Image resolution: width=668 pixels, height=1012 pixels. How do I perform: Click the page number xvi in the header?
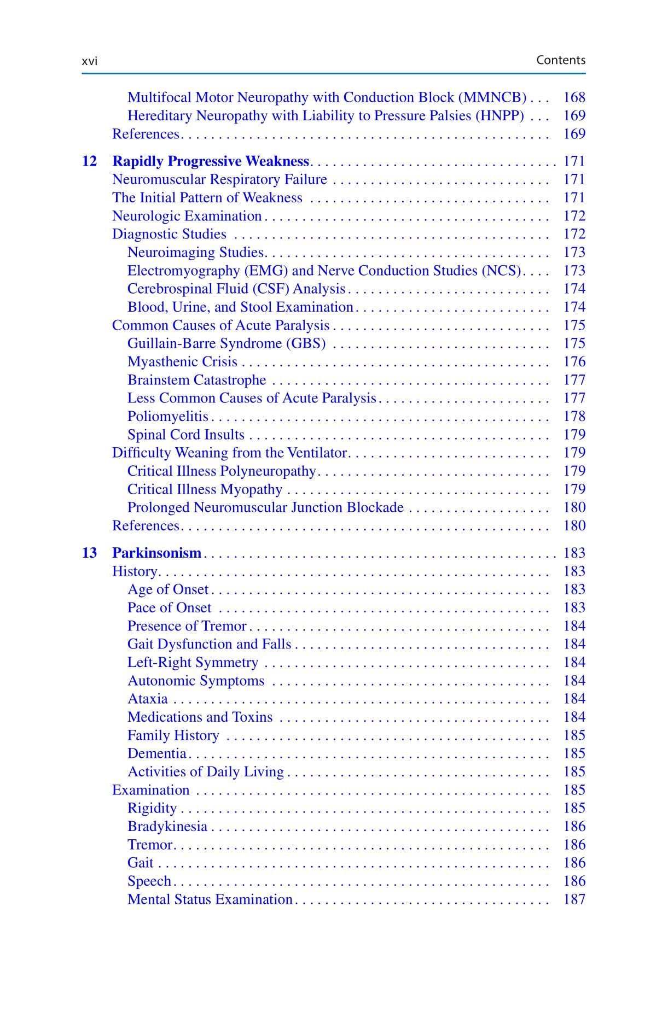[x=89, y=61]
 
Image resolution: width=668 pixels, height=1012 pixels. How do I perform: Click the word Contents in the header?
[x=560, y=60]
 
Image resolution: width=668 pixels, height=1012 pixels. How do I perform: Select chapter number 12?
[x=89, y=161]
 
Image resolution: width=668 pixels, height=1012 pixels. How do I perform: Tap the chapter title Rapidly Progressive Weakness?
[x=211, y=161]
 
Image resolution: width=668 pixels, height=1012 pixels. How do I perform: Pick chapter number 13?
[x=89, y=553]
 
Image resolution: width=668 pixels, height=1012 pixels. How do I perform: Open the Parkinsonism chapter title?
[x=156, y=553]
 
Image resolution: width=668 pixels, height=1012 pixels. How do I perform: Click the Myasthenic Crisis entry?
[x=182, y=362]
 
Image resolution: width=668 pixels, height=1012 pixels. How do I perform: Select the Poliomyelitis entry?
[x=167, y=417]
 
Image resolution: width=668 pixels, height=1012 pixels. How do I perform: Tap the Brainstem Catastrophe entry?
[x=196, y=380]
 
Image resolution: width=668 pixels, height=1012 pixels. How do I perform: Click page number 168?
[x=574, y=97]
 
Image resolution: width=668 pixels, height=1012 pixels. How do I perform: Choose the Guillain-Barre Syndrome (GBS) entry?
[x=226, y=343]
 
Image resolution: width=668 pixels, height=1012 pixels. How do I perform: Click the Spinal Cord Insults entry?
[x=185, y=435]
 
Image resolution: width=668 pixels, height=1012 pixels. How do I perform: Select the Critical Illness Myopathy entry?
[x=205, y=489]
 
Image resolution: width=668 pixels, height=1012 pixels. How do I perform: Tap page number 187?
[x=574, y=899]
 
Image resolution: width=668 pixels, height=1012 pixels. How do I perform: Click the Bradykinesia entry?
[x=167, y=826]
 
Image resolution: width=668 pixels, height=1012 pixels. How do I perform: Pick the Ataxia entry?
[x=147, y=699]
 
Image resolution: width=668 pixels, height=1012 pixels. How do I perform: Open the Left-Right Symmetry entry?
[x=193, y=663]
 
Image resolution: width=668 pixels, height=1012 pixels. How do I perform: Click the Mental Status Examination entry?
[x=210, y=899]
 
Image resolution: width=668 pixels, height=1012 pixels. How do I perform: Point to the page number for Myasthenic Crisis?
[x=574, y=362]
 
